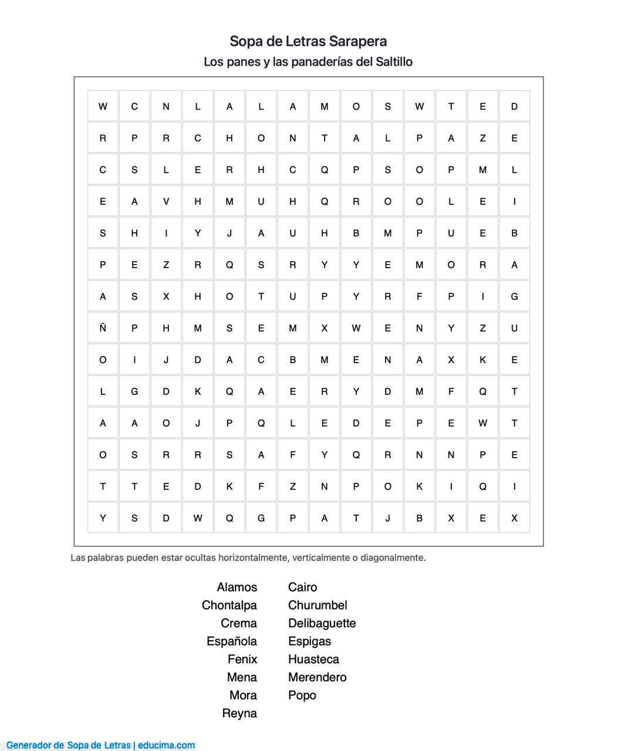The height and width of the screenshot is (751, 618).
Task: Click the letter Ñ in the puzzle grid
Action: click(x=103, y=328)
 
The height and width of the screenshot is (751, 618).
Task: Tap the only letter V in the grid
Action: click(x=166, y=201)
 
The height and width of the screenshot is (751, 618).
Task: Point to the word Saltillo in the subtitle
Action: click(x=394, y=62)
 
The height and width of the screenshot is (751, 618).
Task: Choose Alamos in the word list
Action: click(x=237, y=587)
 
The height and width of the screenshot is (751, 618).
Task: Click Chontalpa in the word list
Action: click(x=229, y=605)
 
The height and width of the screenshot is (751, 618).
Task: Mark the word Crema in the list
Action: click(x=238, y=623)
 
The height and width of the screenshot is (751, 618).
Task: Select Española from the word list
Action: click(x=231, y=641)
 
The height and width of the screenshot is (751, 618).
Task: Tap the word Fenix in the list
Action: click(x=242, y=659)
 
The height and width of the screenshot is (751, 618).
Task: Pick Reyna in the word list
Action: click(x=239, y=713)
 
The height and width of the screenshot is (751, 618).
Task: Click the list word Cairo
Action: click(x=302, y=587)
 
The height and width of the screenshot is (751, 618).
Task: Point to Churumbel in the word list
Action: click(x=318, y=605)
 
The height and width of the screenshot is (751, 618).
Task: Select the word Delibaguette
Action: click(x=322, y=623)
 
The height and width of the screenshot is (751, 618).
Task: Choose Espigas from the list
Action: click(x=309, y=641)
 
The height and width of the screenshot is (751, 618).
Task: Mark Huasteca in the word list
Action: click(x=313, y=659)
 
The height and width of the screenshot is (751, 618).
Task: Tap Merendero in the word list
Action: click(x=317, y=677)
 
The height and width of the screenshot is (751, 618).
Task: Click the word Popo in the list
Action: click(x=302, y=695)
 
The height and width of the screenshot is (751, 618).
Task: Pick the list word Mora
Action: click(x=243, y=695)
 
